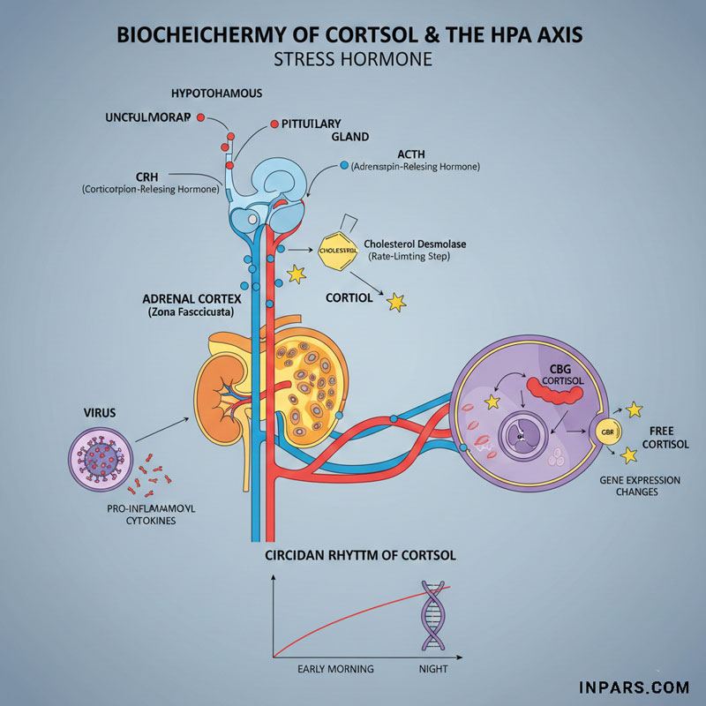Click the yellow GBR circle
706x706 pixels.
click(606, 432)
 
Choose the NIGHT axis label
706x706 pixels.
click(432, 669)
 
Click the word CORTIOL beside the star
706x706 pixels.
click(349, 297)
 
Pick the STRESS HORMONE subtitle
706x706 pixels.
click(353, 61)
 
